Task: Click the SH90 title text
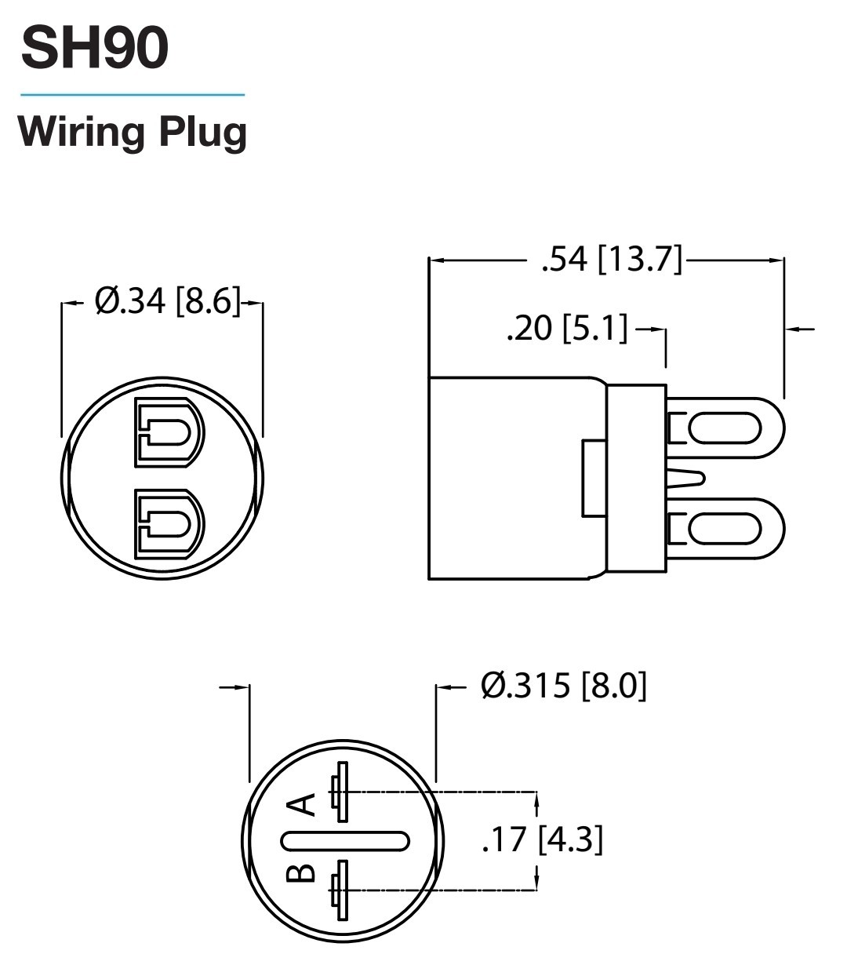click(x=94, y=48)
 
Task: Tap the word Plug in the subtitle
click(x=203, y=133)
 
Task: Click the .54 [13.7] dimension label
click(x=612, y=260)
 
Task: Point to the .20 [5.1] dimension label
click(x=567, y=328)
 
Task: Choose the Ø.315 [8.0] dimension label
click(x=564, y=686)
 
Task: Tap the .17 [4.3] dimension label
click(x=542, y=839)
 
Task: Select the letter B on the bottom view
click(x=300, y=873)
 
